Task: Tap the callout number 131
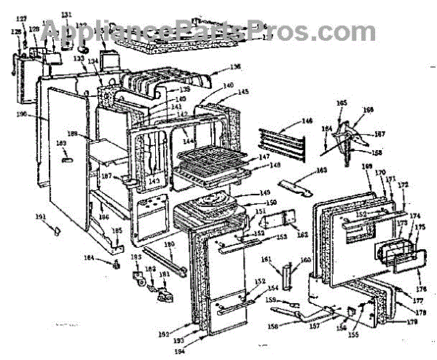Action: coord(66,15)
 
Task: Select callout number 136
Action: coord(235,67)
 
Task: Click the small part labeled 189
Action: coord(66,157)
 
